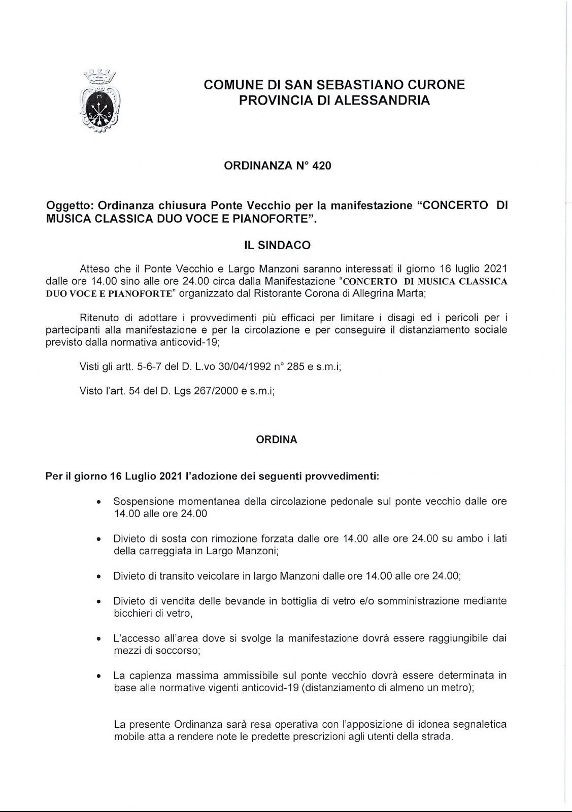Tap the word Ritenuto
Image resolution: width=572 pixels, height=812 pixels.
[x=99, y=318]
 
